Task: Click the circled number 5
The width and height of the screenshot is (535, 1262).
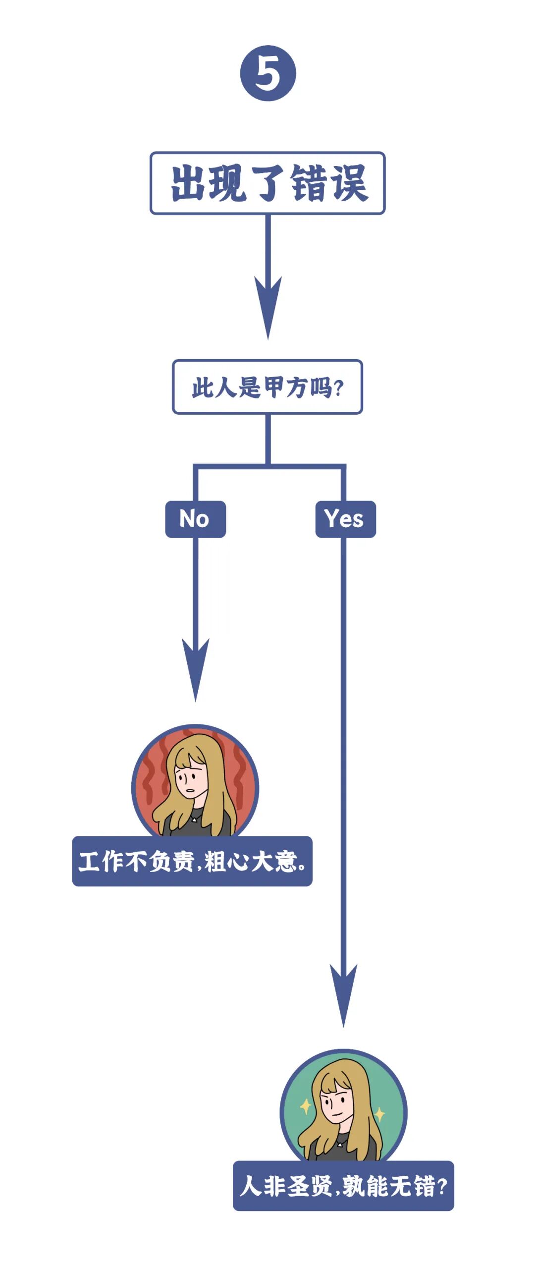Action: [268, 73]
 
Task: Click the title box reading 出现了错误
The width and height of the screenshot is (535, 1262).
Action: [267, 183]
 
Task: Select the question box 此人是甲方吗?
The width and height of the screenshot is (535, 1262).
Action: [267, 387]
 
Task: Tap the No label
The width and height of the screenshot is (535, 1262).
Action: [195, 519]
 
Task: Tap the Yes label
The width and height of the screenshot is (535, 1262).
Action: [345, 519]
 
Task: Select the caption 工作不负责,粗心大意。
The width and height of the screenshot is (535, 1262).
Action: [192, 861]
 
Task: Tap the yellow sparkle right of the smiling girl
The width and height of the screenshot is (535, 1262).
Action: [379, 1114]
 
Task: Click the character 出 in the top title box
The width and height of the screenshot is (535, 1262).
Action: [189, 183]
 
